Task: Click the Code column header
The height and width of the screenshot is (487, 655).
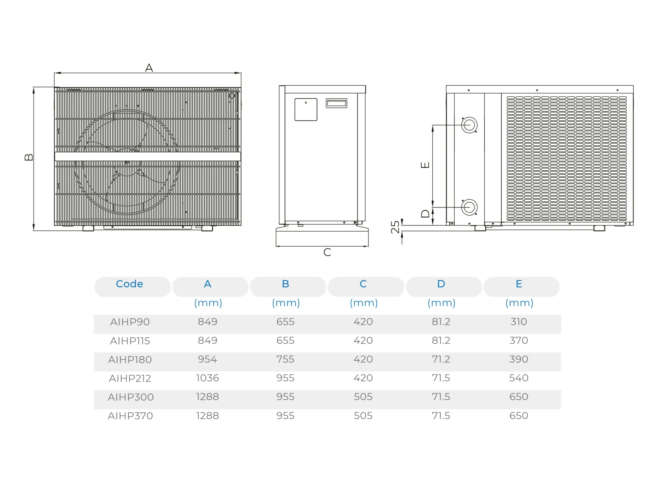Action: coord(129,284)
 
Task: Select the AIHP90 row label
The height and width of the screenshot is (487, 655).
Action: coord(130,322)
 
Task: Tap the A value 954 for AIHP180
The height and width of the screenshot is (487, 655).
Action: coord(208,359)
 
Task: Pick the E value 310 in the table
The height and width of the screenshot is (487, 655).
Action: coord(519,322)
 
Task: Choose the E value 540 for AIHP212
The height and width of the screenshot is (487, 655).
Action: coord(519,378)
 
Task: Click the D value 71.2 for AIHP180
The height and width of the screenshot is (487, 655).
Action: coord(441,359)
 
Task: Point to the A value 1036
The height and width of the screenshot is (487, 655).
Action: coord(208,378)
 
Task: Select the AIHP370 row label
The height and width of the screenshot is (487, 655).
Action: coord(130,416)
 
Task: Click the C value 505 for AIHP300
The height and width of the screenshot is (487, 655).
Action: coord(363,397)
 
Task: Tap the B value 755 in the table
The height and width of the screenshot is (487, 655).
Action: coord(285,359)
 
